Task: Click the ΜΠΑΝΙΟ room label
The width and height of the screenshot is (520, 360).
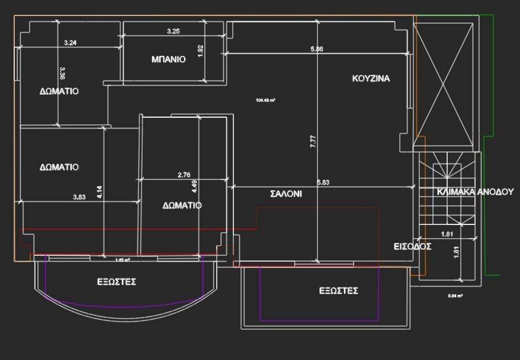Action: (x=168, y=59)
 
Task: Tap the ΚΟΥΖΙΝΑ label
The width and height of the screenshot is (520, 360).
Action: (x=371, y=78)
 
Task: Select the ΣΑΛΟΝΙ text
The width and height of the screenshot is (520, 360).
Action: (x=286, y=193)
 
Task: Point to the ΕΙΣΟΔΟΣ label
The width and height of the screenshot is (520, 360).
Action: (x=412, y=246)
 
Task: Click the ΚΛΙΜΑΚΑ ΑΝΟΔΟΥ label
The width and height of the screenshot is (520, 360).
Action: (x=475, y=192)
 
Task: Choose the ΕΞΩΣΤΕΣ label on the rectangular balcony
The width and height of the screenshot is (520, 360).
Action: (x=339, y=291)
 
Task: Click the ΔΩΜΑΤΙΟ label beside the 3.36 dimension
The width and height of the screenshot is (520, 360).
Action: (x=59, y=91)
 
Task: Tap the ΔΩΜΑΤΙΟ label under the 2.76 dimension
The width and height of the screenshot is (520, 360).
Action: (x=182, y=205)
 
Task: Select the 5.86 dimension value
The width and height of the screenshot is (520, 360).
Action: (x=316, y=49)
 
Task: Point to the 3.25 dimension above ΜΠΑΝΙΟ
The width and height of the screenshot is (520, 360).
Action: (x=173, y=31)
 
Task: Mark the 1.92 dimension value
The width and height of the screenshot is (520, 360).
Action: (x=200, y=51)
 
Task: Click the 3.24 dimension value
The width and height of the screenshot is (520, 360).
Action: (x=70, y=43)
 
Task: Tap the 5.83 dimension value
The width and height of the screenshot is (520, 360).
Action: (x=323, y=183)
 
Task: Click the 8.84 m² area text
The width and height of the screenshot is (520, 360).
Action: (x=455, y=295)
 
